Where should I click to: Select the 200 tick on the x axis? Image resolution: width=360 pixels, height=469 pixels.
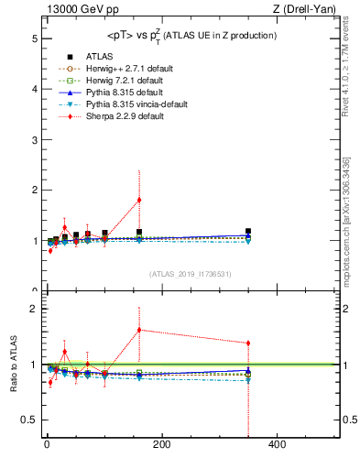[x=161, y=445]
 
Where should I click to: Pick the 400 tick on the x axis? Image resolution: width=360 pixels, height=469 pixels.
[x=277, y=445]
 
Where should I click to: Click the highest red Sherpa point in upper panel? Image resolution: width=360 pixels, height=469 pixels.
[x=139, y=200]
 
